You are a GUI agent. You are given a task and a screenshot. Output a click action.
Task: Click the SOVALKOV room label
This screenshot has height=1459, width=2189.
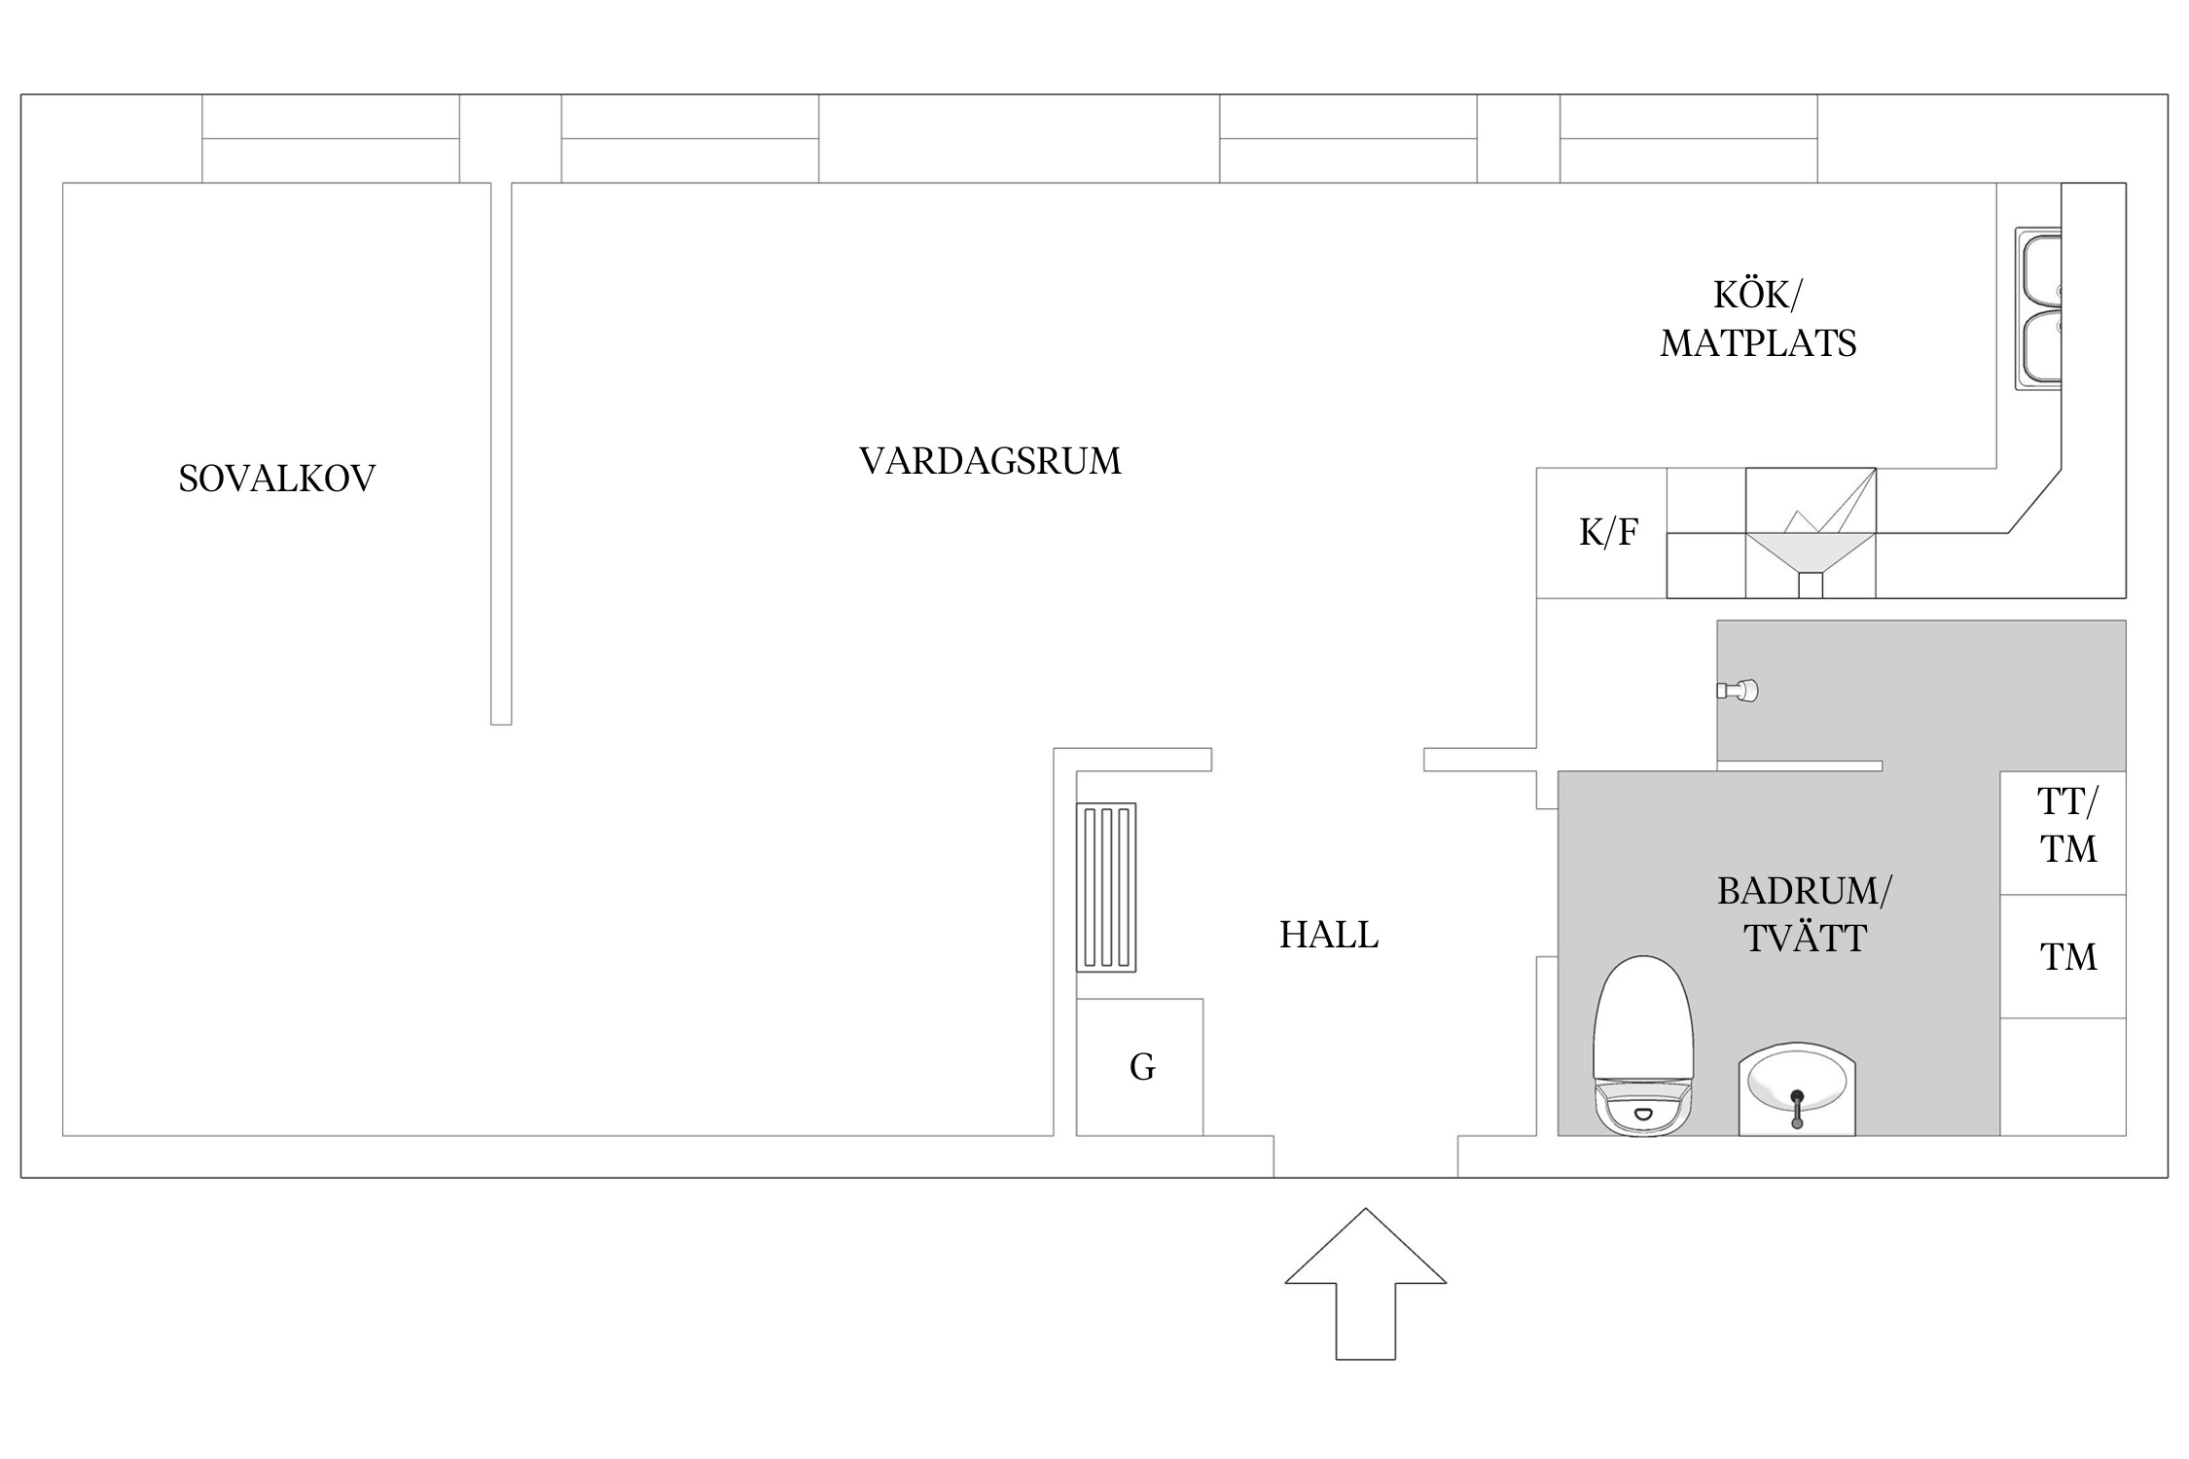(276, 479)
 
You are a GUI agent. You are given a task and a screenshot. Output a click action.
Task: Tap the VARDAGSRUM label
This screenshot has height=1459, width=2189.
(989, 461)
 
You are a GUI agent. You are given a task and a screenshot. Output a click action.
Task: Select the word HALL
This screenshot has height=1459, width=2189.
(1328, 935)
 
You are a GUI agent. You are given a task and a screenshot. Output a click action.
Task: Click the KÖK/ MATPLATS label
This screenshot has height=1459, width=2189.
(1757, 319)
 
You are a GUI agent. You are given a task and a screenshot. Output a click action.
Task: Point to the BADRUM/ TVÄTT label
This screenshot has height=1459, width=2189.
(1804, 914)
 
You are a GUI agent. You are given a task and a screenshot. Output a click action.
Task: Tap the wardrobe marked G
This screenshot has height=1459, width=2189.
(1140, 1067)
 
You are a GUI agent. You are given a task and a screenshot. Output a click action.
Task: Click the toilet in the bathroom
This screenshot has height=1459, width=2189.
(1643, 1047)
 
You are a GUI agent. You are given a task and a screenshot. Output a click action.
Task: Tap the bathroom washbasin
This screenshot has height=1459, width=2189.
(1796, 1088)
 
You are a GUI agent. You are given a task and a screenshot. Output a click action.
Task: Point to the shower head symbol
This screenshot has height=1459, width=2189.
(1739, 691)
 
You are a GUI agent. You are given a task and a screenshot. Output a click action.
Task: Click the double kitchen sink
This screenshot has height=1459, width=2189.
(2038, 309)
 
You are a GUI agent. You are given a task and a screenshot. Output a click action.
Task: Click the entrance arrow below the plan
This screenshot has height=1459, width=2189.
(1365, 1284)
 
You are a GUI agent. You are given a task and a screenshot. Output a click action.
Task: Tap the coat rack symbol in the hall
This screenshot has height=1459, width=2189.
(1106, 887)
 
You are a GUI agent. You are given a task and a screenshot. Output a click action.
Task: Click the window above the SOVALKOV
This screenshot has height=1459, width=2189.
(331, 138)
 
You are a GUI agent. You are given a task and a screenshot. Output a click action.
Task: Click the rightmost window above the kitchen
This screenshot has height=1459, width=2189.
(1688, 138)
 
